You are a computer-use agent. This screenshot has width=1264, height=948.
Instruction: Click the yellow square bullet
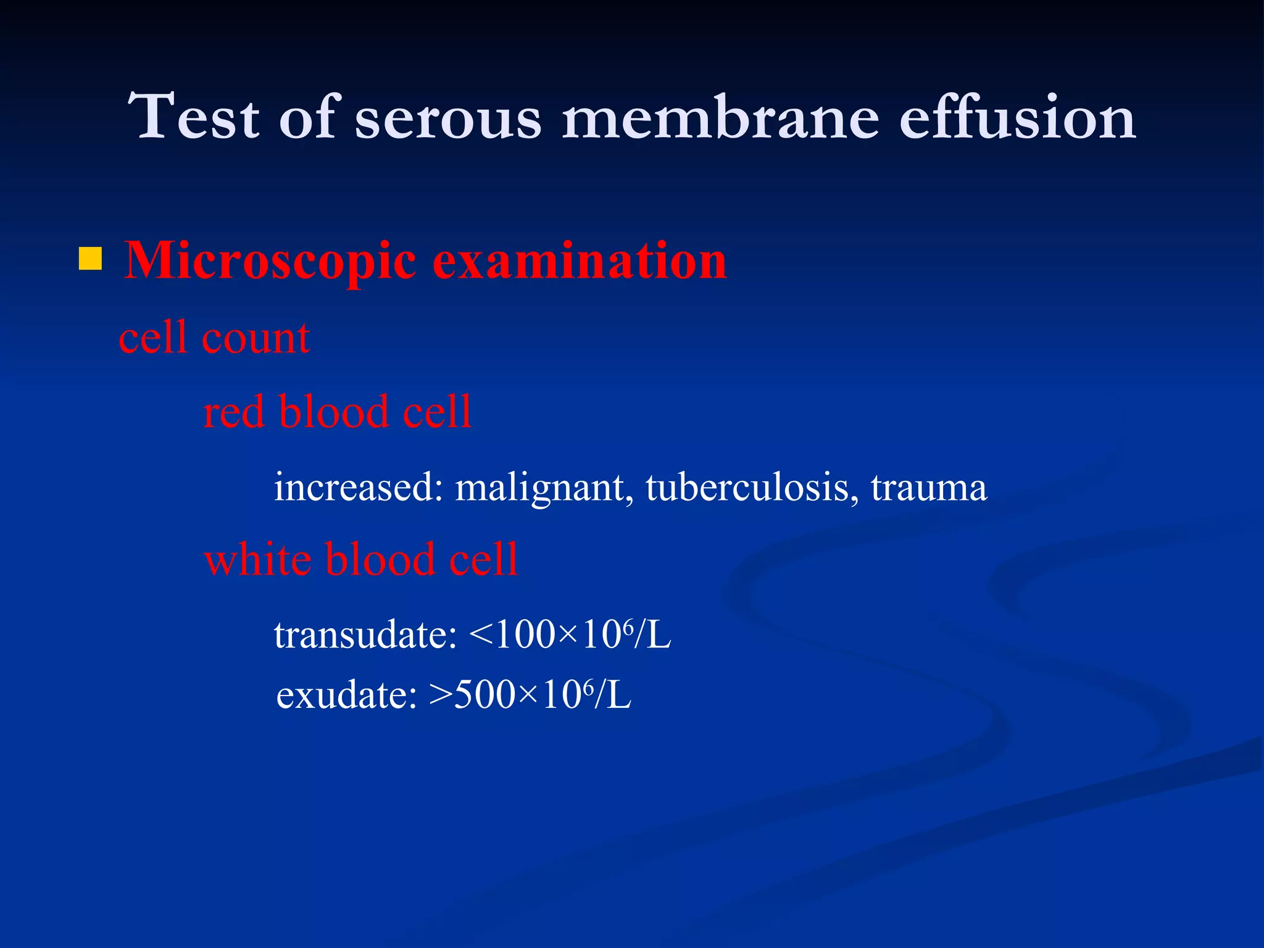click(x=90, y=259)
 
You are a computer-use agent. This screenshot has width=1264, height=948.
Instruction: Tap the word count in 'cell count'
click(x=256, y=339)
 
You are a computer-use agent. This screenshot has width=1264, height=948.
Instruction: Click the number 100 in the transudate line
click(x=525, y=634)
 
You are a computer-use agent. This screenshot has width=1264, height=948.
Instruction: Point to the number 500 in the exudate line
click(x=485, y=695)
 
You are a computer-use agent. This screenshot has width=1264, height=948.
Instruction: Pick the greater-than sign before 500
click(x=441, y=696)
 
